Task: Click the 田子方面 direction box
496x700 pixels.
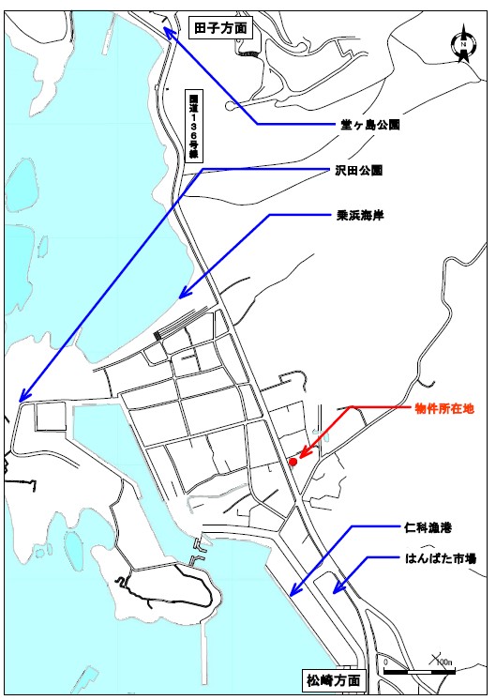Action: (x=219, y=28)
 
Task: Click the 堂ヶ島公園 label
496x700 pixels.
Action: (x=369, y=124)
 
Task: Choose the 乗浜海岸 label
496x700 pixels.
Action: (x=363, y=214)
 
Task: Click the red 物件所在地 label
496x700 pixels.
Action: (x=445, y=409)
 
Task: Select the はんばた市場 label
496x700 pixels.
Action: (x=444, y=558)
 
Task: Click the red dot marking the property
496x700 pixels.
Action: (x=293, y=462)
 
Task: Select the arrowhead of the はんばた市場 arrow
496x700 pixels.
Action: (x=334, y=593)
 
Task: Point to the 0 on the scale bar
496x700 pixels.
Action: (x=386, y=662)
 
